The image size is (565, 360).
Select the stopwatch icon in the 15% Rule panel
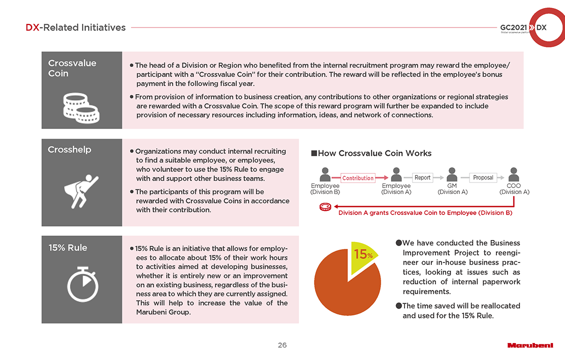(82, 285)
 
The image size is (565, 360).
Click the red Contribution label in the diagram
(358, 178)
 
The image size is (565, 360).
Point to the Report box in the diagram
(422, 177)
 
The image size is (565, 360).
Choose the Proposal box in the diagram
(483, 177)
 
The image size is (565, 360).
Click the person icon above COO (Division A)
(513, 174)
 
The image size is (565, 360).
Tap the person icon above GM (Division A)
(452, 174)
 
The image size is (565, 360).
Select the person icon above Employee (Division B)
(325, 174)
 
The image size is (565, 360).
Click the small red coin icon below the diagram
(325, 207)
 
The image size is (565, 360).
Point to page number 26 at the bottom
(282, 345)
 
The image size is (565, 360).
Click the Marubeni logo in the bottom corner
(530, 345)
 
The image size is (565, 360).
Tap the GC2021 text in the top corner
(512, 27)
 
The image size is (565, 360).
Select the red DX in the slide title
(32, 28)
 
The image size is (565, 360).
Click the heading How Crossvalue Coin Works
(374, 153)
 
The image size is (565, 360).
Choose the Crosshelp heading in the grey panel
(69, 149)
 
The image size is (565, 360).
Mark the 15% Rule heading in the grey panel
(67, 247)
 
